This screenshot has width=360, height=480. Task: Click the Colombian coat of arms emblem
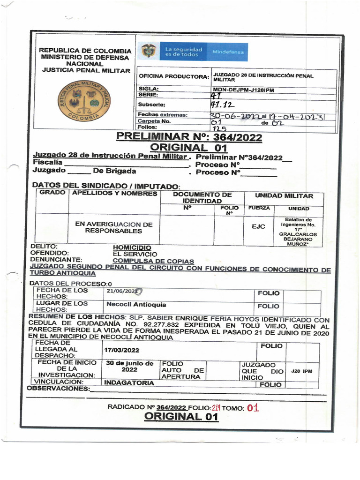point(149,51)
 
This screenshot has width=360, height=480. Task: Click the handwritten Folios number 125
point(219,128)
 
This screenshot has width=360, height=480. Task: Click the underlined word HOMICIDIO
point(132,247)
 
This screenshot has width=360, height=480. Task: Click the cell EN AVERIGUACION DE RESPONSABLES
point(114,228)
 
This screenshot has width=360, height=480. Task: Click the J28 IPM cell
point(301,371)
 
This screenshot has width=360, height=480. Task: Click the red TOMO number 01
point(253,408)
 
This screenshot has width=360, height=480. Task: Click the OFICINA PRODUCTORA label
point(172,76)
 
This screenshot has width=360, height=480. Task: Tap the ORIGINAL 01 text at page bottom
point(181,417)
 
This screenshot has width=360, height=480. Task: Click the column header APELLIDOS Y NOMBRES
point(114,194)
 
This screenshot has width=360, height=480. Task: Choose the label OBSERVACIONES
point(58,389)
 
